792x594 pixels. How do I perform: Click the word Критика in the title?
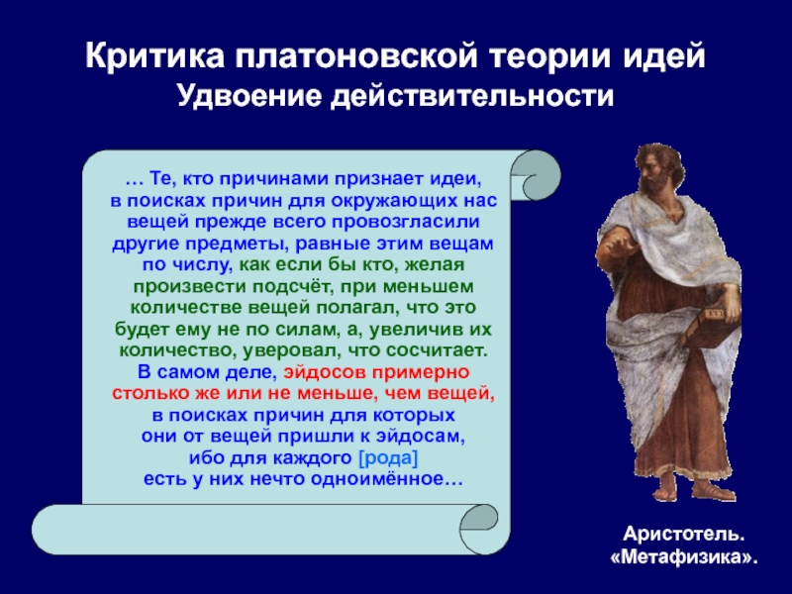[x=154, y=56]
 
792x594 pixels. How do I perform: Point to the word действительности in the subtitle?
[x=473, y=96]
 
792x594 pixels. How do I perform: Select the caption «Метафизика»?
[x=684, y=557]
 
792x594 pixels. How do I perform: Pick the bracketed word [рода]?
[x=388, y=458]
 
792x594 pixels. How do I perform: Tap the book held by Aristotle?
[x=707, y=324]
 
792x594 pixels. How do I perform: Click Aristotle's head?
[x=657, y=166]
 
